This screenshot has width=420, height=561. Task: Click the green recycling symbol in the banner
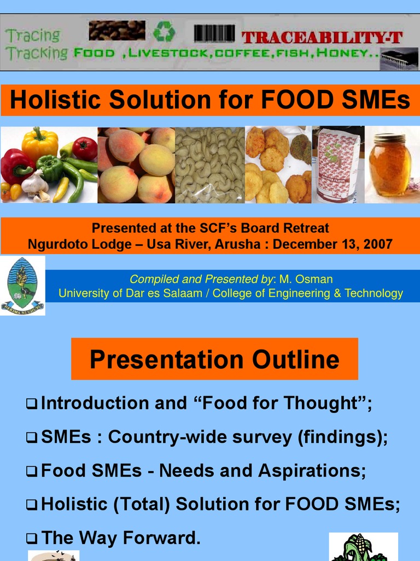[164, 31]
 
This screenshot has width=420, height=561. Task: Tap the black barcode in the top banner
[214, 33]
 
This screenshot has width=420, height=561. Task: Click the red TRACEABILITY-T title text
[322, 37]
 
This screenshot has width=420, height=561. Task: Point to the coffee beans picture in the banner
[117, 30]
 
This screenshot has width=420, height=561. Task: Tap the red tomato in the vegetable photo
[85, 148]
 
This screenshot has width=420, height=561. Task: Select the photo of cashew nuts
[210, 165]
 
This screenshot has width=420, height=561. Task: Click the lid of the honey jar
[389, 138]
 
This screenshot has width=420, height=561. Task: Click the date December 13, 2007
[332, 244]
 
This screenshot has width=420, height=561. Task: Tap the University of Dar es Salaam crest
[22, 285]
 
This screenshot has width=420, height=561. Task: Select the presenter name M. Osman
[306, 279]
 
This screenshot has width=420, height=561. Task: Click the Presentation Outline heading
[214, 359]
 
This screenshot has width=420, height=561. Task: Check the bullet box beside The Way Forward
[31, 539]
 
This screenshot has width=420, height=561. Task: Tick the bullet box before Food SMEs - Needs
[31, 471]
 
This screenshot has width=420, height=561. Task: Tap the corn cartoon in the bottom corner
[363, 547]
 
